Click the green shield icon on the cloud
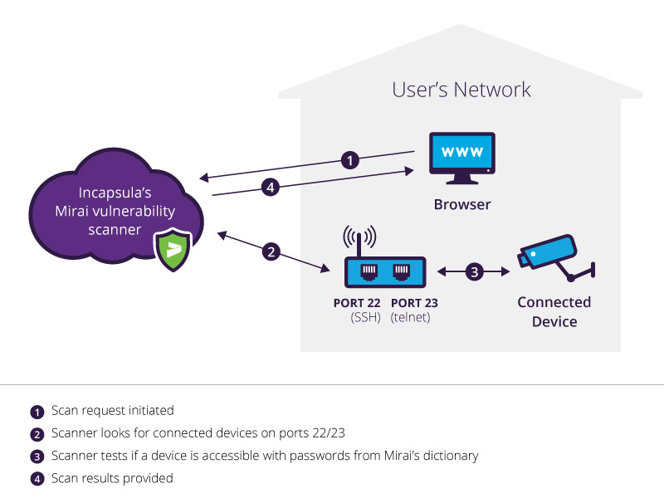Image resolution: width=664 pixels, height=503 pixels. coord(173,250)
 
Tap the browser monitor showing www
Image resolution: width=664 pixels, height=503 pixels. coord(462,158)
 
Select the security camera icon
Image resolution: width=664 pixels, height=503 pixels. coord(555,258)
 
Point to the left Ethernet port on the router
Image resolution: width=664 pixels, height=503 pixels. coord(369,271)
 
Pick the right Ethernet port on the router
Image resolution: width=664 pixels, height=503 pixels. coord(401,271)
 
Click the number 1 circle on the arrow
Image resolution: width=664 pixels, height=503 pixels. coord(350,160)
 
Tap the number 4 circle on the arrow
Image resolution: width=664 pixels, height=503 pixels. coord(271,187)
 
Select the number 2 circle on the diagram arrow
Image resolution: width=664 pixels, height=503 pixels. coord(271,251)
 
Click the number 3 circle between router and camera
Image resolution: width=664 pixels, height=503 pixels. coord(474,271)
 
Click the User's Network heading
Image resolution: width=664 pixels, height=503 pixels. coord(461,90)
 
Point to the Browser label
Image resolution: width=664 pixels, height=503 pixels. coord(462,204)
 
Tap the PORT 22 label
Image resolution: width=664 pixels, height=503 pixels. coord(357,303)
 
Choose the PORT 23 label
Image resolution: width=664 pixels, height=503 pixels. coord(414,303)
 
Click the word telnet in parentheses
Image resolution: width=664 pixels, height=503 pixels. coord(410,317)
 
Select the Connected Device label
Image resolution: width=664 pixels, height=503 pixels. coord(554,311)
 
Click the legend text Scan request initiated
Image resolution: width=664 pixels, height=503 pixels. coord(113,410)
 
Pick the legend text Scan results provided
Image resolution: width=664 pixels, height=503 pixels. coord(112,478)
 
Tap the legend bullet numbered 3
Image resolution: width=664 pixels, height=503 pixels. coord(37,457)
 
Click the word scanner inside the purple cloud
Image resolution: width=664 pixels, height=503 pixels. coord(115,229)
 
